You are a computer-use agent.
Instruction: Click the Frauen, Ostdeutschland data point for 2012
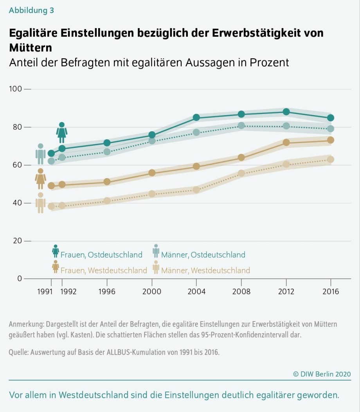286,112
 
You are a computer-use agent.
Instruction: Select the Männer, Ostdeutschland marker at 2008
241,126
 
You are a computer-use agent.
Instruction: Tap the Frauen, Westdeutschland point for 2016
331,140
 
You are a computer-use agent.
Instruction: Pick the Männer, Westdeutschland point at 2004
196,190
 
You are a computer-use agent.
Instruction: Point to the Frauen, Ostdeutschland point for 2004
196,117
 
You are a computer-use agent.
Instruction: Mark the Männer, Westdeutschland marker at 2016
331,160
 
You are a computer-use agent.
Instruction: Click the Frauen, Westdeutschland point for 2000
152,173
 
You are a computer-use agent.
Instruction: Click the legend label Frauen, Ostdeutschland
101,255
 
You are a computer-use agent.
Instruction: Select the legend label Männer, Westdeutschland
205,270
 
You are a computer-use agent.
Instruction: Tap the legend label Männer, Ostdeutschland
203,255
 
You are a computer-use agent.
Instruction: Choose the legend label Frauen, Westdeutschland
104,270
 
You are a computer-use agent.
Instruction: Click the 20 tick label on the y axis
16,241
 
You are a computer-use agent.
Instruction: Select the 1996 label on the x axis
107,292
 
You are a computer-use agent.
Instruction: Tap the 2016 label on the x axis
331,292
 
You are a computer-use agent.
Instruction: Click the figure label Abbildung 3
31,11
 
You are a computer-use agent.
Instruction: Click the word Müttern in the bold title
31,47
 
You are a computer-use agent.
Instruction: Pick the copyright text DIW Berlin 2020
322,374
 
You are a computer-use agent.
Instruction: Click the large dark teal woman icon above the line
62,133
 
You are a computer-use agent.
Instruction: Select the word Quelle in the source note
18,352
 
